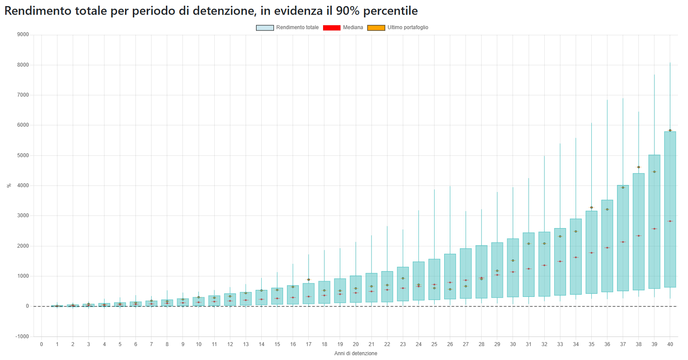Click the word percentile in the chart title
[x=390, y=11]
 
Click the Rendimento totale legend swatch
[x=265, y=28]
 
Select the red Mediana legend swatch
[x=331, y=28]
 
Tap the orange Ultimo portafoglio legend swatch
[x=376, y=28]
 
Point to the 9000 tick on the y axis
[x=23, y=34]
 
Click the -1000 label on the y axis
[x=22, y=336]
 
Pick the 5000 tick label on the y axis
[x=23, y=155]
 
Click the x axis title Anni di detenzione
[x=356, y=353]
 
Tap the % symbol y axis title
[x=9, y=185]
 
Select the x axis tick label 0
[x=41, y=344]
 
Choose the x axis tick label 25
[x=434, y=344]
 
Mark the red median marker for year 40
[x=670, y=221]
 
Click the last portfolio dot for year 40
[x=670, y=130]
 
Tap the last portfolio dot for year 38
[x=639, y=167]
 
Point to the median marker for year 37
[x=623, y=242]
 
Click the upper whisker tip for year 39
[x=654, y=75]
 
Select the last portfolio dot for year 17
[x=309, y=280]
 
